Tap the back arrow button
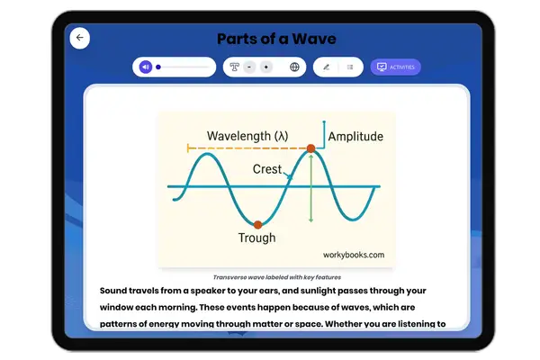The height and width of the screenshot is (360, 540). coord(80,38)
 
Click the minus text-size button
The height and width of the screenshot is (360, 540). coord(248,67)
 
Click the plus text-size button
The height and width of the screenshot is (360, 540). coord(265,67)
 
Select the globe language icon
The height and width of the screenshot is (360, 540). coord(294,67)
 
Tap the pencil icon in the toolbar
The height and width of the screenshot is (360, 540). coord(326,67)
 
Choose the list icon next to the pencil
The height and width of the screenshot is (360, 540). coord(350,67)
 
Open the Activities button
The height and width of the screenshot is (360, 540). coord(395,67)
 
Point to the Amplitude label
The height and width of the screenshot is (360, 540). coord(355,137)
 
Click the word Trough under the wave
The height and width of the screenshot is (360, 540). coord(256,238)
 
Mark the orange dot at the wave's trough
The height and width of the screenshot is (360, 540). coord(257,224)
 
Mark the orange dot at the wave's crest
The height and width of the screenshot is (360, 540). coord(310,148)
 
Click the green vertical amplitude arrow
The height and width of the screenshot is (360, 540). coord(310,189)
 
